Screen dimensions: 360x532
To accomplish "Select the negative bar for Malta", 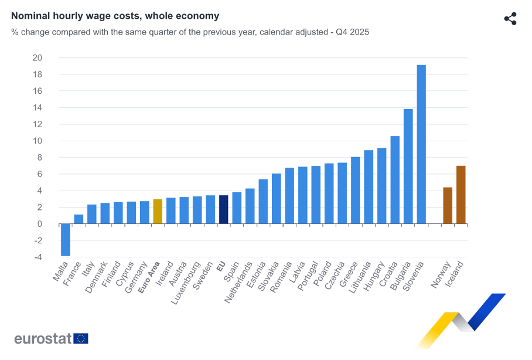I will [65, 240].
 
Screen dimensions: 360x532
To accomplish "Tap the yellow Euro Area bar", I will [158, 212].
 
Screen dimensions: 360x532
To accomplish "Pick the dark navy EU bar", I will [223, 209].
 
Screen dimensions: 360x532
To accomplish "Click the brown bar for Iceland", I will [461, 195].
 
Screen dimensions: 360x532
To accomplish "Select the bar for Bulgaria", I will [408, 167].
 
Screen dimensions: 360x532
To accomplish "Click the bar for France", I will [79, 219].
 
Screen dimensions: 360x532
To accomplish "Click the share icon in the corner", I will [510, 18].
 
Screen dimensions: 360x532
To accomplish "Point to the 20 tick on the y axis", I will [37, 57].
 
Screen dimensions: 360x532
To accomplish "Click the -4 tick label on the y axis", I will [37, 257].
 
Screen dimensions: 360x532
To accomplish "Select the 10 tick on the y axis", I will [37, 141].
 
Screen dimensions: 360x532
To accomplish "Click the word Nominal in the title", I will [32, 16].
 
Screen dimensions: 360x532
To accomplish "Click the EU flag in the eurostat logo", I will [81, 338].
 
